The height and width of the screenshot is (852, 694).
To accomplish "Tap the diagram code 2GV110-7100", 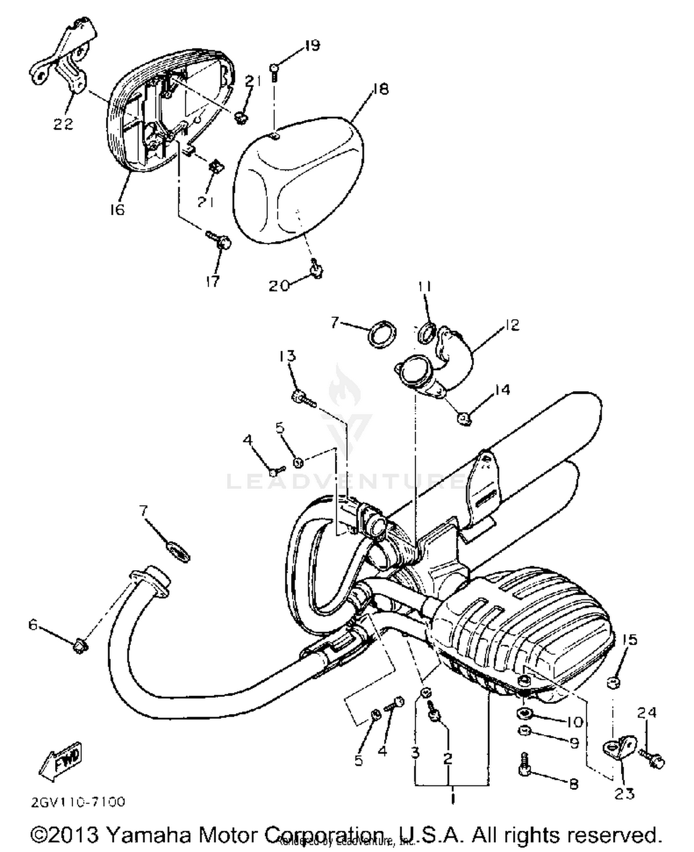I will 78,802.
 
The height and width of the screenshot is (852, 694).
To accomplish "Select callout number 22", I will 63,124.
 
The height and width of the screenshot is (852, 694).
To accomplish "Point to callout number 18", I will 381,88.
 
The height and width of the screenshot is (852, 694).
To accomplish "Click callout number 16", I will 117,210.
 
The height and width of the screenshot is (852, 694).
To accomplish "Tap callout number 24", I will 646,712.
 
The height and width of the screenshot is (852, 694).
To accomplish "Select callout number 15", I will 630,640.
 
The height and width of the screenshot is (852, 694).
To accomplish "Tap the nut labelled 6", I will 81,645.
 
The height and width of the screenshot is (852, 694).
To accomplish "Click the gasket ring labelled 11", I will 426,333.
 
